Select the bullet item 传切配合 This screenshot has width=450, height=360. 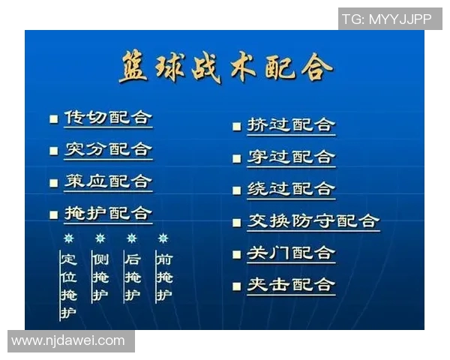click(107, 118)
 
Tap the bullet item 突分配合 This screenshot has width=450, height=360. click(107, 149)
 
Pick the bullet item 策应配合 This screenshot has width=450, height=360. click(107, 181)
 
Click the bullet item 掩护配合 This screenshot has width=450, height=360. click(107, 214)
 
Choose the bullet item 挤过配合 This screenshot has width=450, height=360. click(291, 125)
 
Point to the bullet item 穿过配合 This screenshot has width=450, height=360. click(291, 157)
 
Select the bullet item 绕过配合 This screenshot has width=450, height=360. click(291, 189)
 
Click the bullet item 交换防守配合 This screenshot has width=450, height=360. click(313, 221)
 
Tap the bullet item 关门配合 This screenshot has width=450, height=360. click(291, 253)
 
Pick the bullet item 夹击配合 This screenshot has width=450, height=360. click(291, 285)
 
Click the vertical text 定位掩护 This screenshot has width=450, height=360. click(68, 285)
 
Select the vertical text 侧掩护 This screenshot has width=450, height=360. click(100, 277)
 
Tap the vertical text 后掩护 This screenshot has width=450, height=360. click(132, 277)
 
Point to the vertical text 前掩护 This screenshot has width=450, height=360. click(163, 277)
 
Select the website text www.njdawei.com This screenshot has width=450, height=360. click(68, 340)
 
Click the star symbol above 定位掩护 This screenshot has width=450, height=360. click(68, 238)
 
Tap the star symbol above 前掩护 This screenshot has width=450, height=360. click(163, 238)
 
